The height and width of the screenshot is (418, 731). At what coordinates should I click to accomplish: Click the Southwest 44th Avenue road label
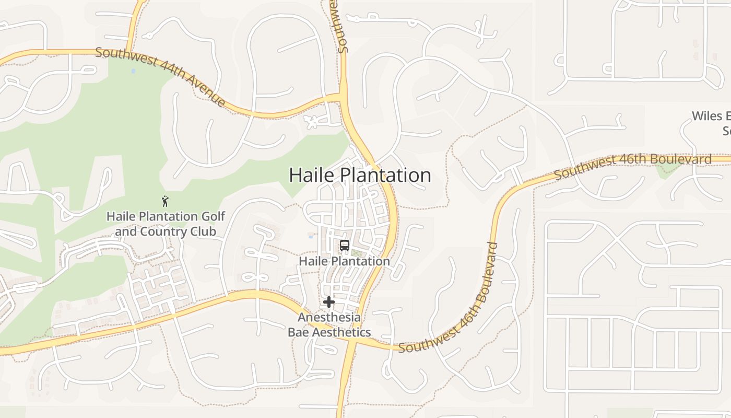(160, 77)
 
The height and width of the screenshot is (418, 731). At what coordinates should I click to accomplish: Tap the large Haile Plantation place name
(360, 175)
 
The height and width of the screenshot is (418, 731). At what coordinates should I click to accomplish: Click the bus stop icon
(344, 246)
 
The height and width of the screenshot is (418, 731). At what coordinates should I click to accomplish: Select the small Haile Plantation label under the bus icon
(344, 261)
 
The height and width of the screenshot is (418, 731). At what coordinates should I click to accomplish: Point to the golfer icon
(165, 201)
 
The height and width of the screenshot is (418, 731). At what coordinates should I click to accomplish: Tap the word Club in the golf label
(204, 231)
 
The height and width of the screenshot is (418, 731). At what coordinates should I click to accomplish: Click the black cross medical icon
(328, 302)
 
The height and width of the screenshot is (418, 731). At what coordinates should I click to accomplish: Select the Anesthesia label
(329, 317)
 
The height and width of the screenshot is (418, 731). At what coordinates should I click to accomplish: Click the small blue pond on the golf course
(133, 71)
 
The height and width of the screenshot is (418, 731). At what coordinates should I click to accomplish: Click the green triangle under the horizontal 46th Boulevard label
(664, 171)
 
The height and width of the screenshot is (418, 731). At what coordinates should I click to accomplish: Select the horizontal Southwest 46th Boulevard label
(633, 166)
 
